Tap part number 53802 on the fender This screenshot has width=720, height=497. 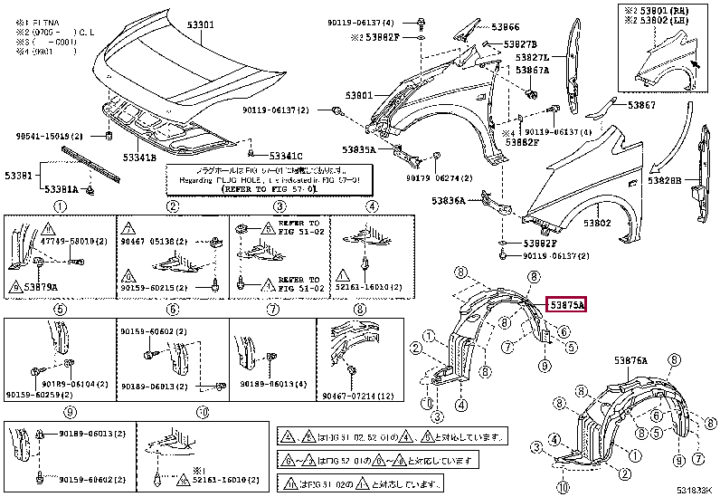[597, 223]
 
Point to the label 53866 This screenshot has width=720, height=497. [506, 28]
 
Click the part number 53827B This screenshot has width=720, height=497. [520, 43]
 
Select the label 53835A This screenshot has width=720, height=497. [359, 149]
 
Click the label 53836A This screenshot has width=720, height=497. [449, 201]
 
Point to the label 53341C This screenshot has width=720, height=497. [285, 155]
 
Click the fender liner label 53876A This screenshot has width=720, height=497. [632, 360]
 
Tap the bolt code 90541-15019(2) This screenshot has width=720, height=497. [52, 136]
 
